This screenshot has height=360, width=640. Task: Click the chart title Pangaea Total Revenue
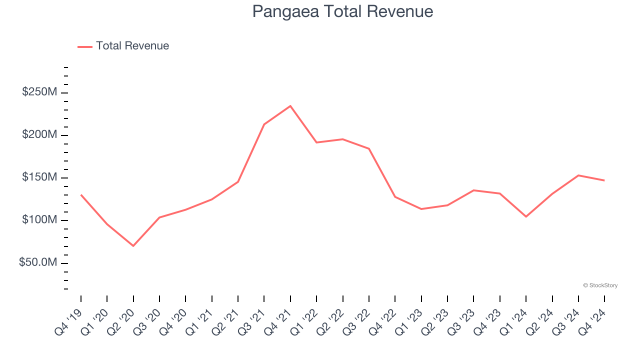(x=342, y=11)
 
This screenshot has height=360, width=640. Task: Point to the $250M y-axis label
(x=39, y=92)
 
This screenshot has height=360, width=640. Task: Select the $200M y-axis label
(x=39, y=135)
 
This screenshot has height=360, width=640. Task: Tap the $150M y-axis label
(x=39, y=177)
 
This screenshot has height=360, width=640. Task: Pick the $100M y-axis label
(x=39, y=220)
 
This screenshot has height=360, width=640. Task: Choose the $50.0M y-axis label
(x=38, y=262)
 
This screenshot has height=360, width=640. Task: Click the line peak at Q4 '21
(x=290, y=106)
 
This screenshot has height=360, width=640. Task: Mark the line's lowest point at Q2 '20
(x=133, y=246)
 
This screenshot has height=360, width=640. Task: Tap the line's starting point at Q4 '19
(x=81, y=195)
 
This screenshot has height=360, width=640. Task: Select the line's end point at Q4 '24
(x=604, y=180)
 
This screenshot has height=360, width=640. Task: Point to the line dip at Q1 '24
(x=526, y=216)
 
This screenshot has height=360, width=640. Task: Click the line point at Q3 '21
(x=264, y=124)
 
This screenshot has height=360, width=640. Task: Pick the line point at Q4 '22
(x=395, y=196)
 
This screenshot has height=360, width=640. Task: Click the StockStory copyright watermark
(x=600, y=285)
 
